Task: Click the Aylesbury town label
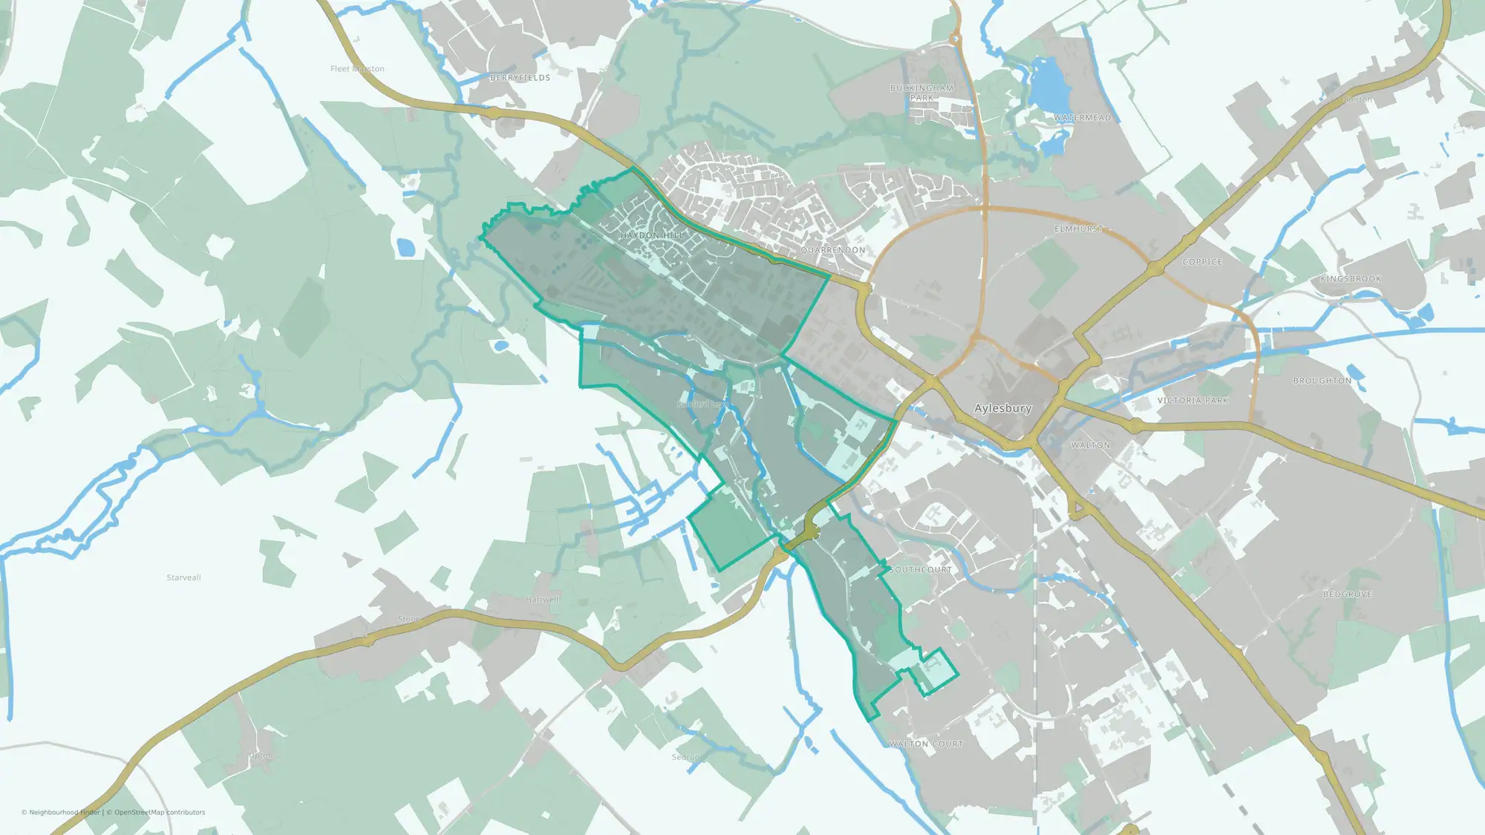(1002, 408)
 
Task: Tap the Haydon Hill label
(652, 235)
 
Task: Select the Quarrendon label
(832, 250)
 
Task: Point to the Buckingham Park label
(921, 93)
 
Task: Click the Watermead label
(1082, 118)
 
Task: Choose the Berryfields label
(520, 78)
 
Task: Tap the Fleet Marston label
(357, 69)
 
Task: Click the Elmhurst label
(1078, 229)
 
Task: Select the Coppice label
(1202, 262)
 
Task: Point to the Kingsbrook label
(1351, 279)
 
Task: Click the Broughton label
(1322, 381)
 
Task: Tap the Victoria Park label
(1192, 401)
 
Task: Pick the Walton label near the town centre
(1090, 445)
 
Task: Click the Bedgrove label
(1347, 595)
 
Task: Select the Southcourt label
(921, 570)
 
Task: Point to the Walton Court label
(925, 744)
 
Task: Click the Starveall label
(183, 577)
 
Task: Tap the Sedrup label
(685, 757)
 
